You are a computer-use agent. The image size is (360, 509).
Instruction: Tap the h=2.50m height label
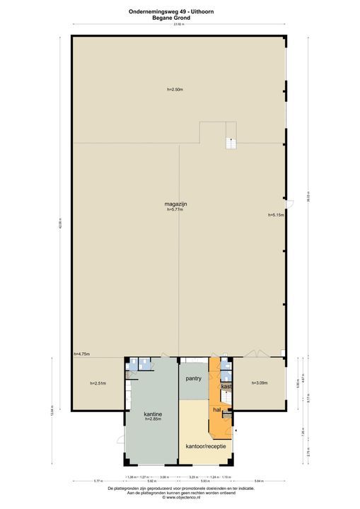(175, 89)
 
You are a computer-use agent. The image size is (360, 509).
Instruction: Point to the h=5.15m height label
(275, 215)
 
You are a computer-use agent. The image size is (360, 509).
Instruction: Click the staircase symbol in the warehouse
(229, 142)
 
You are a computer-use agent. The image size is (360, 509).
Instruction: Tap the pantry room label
(194, 379)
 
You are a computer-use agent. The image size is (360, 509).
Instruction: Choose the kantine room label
(153, 414)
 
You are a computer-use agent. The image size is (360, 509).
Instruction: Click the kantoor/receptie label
(206, 447)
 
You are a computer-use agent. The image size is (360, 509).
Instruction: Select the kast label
(226, 387)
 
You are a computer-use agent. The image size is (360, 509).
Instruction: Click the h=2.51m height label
(98, 383)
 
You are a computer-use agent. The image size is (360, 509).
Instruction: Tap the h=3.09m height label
(260, 383)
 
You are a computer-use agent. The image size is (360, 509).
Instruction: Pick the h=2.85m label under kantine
(153, 420)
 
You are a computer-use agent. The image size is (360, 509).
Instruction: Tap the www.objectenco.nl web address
(179, 498)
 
